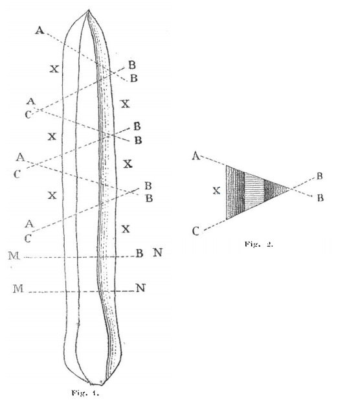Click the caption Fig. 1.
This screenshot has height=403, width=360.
point(85,393)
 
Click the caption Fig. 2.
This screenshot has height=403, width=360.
point(258,244)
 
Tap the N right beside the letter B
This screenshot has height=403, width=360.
point(157,253)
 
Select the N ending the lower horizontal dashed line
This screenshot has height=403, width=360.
point(141,288)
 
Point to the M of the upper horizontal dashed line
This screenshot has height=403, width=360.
point(14,256)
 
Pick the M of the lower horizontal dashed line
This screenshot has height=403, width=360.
point(18,288)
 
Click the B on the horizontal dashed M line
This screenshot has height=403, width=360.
point(139,253)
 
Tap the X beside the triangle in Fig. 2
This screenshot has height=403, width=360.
point(217,190)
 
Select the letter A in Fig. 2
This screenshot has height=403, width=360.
point(196,156)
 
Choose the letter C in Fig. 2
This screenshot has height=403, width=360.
point(196,231)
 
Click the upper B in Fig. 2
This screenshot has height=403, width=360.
point(319,176)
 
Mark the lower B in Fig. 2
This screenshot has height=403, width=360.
point(321,198)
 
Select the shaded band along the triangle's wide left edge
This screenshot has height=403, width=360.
point(235,192)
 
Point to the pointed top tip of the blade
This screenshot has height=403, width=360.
point(89,10)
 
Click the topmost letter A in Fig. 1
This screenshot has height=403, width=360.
point(39,30)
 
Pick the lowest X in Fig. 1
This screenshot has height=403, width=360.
point(126,229)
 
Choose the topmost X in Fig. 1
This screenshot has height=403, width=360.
point(54,69)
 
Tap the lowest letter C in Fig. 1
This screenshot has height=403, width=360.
point(28,239)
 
